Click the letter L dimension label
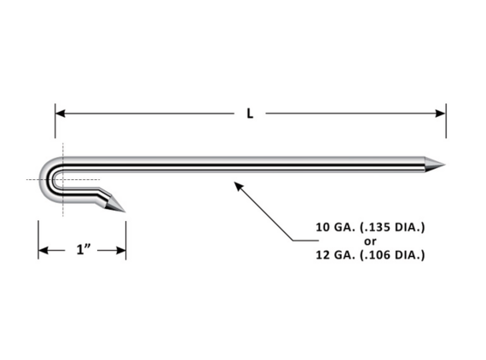point(250,113)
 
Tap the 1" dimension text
point(84,249)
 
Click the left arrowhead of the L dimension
point(61,113)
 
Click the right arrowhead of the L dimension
point(441,113)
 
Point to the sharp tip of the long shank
point(445,165)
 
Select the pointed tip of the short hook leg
point(124,212)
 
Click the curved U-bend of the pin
point(48,180)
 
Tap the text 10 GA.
point(335,228)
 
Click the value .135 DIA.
point(392,228)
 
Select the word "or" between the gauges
point(370,241)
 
